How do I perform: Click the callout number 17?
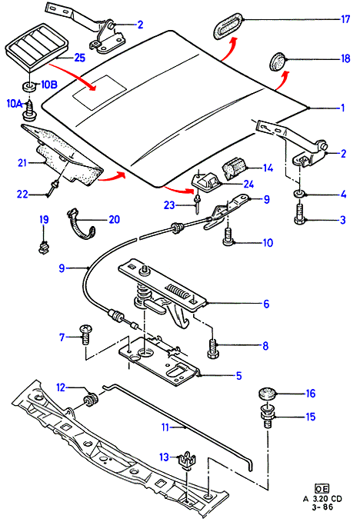coord(345,19)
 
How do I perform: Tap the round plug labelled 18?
coord(277,62)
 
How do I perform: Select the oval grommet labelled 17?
coord(228,25)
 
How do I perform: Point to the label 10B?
coord(48,85)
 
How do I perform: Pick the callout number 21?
coord(22,163)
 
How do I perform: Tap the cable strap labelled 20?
coord(81,223)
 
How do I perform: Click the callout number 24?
coord(248,184)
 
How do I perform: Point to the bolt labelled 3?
coord(300,214)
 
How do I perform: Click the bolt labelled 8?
coord(213,348)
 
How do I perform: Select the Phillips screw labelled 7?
coord(85,335)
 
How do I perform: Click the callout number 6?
coord(266,304)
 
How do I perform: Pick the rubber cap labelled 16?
coord(268,394)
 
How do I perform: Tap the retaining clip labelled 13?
coord(186,460)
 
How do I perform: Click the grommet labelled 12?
coord(91,401)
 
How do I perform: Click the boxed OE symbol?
coord(322,489)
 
